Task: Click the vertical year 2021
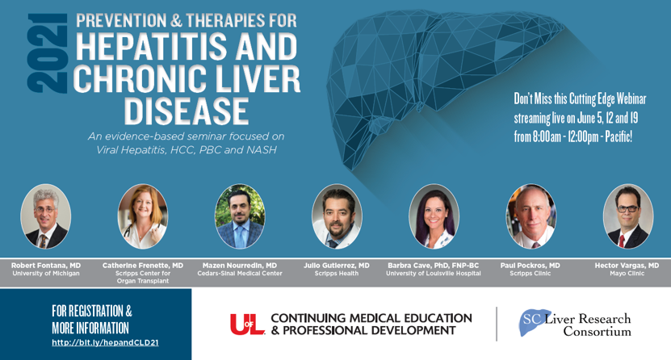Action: [48, 53]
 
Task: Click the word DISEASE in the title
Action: [187, 111]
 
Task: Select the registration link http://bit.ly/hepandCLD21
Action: [105, 342]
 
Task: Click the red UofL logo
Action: [247, 324]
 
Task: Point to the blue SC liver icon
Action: [534, 322]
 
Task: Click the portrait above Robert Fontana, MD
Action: [46, 216]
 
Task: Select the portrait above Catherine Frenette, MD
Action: [143, 216]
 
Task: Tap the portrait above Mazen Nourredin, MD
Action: [240, 216]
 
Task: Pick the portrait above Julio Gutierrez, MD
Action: [337, 216]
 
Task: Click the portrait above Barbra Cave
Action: [434, 216]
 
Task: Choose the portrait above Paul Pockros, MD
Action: [531, 216]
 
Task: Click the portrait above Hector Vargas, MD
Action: [627, 216]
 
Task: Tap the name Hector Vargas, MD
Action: [627, 266]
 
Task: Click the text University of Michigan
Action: [46, 274]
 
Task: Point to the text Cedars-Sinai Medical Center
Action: [240, 274]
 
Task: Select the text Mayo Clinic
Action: [627, 274]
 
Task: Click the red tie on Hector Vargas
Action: [622, 241]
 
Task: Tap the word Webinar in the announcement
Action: [631, 99]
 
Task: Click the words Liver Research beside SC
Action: [588, 319]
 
